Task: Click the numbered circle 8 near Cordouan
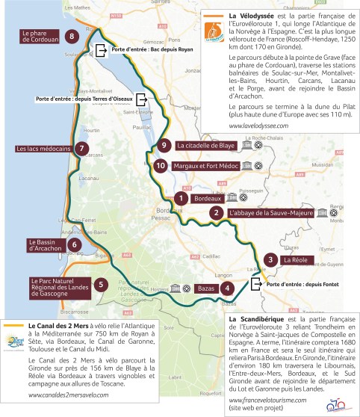72,36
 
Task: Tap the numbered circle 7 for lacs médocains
80,148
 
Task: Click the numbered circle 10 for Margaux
161,164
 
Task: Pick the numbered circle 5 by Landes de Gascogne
101,284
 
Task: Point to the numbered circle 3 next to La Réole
267,259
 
